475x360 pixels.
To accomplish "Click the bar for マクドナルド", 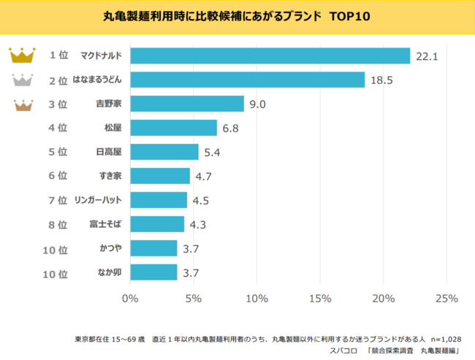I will [270, 55].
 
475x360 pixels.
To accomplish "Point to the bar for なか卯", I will [153, 272].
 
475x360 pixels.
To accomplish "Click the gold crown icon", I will [22, 55].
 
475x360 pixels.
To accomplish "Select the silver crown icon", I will [22, 80].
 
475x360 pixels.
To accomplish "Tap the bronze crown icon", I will [22, 104].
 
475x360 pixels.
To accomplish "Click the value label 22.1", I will [426, 56].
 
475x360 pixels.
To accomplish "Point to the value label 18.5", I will [381, 80].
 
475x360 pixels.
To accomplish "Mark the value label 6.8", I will [232, 129].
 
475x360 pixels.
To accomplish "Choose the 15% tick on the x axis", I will [320, 298].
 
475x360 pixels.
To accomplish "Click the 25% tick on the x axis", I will [446, 298].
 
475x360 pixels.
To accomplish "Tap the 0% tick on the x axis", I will [130, 298].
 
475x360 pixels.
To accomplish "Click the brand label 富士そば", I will [106, 224].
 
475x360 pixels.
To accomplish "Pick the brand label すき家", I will [110, 176].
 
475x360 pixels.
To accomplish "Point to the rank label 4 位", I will [58, 128].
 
